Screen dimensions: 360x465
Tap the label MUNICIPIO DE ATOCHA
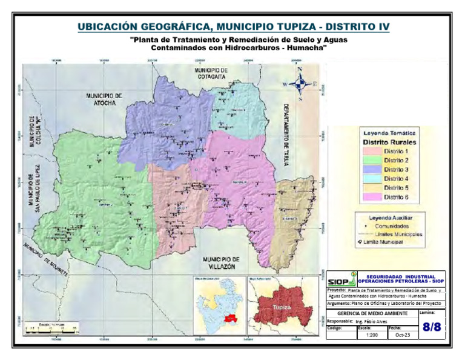point(104,99)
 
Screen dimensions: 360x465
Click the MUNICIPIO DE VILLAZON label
point(222,262)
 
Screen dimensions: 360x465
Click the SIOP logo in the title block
point(341,281)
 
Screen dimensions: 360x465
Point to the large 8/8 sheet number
point(432,328)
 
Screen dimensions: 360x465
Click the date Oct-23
point(398,334)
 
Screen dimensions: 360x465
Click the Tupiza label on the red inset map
point(282,307)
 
